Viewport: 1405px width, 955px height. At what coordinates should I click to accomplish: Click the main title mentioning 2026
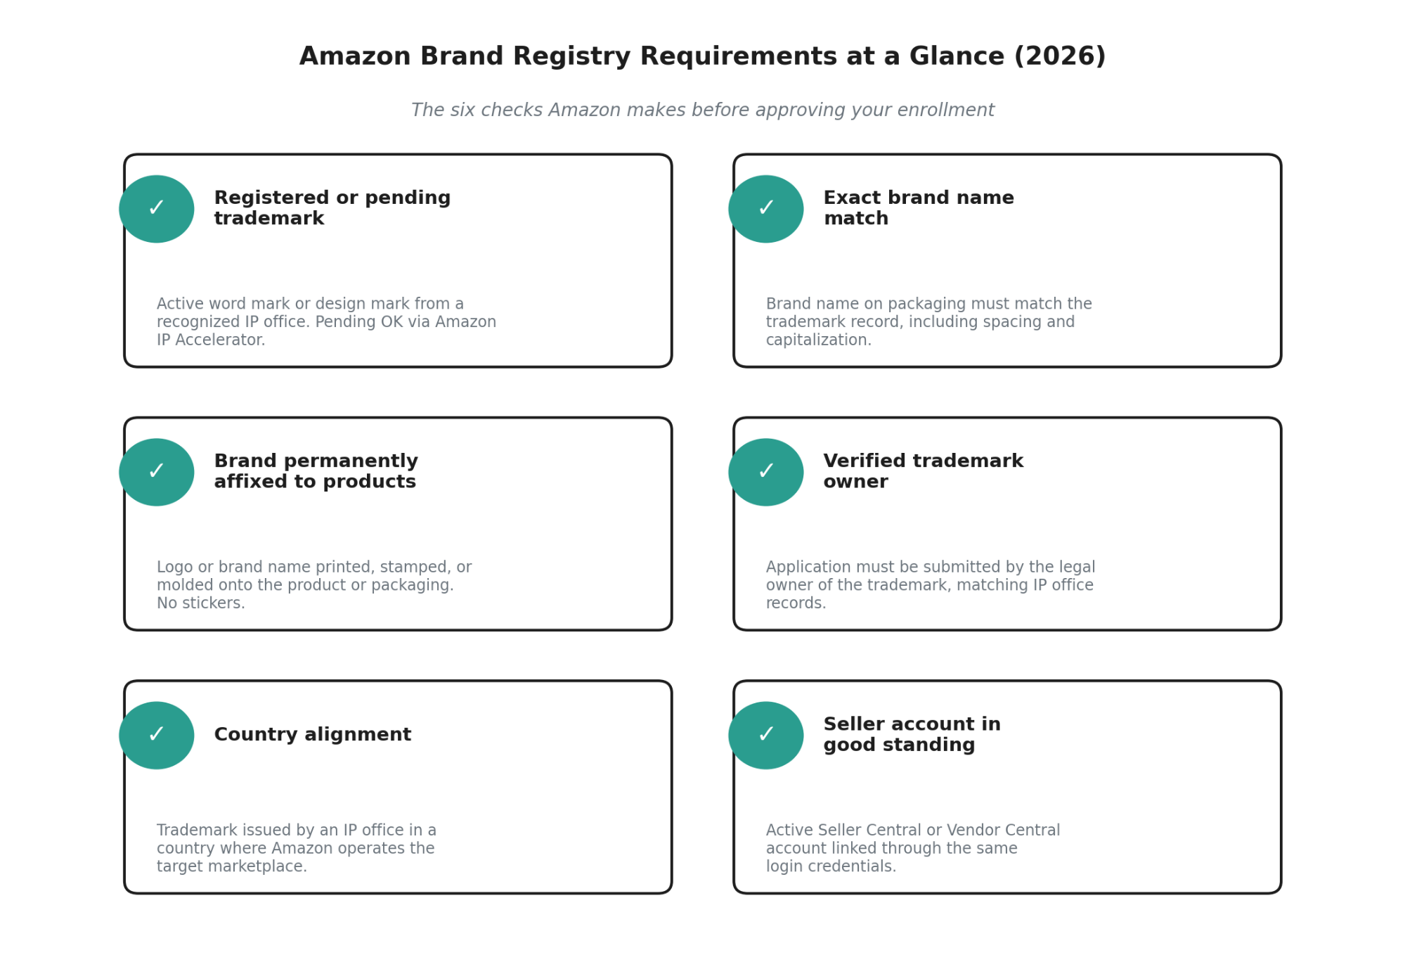click(702, 56)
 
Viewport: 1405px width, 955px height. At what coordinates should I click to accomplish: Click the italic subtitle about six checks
click(702, 110)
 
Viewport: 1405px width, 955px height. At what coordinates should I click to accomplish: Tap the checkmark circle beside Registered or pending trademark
click(157, 209)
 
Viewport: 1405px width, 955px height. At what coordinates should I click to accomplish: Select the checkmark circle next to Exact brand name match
click(766, 209)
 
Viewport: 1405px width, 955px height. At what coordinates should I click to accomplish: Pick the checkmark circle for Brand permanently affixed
click(157, 472)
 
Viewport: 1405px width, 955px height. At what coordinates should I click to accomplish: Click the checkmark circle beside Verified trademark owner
click(766, 472)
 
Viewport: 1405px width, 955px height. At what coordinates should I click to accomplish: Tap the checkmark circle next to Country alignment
click(157, 735)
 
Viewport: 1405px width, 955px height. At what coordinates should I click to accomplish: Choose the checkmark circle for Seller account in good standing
click(766, 735)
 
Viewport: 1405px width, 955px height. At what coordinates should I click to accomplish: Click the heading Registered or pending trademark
click(332, 208)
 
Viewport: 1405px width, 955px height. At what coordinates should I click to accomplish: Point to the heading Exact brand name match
click(919, 208)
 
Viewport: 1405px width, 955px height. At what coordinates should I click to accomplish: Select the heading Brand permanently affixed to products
click(316, 471)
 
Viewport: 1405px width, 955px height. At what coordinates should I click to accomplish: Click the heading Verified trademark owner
click(924, 471)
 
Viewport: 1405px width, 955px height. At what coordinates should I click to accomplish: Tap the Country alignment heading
click(313, 734)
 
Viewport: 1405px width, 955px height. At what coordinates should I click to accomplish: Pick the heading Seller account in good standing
click(912, 734)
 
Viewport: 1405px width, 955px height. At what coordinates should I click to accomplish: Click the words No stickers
click(201, 603)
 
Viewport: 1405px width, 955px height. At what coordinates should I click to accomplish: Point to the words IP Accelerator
click(211, 340)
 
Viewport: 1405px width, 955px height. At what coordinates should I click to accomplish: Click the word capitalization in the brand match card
click(819, 340)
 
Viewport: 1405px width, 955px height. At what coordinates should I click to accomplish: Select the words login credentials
click(831, 866)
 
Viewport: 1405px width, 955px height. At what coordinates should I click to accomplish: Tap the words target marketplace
click(232, 866)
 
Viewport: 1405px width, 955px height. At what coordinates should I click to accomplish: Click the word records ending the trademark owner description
click(796, 603)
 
